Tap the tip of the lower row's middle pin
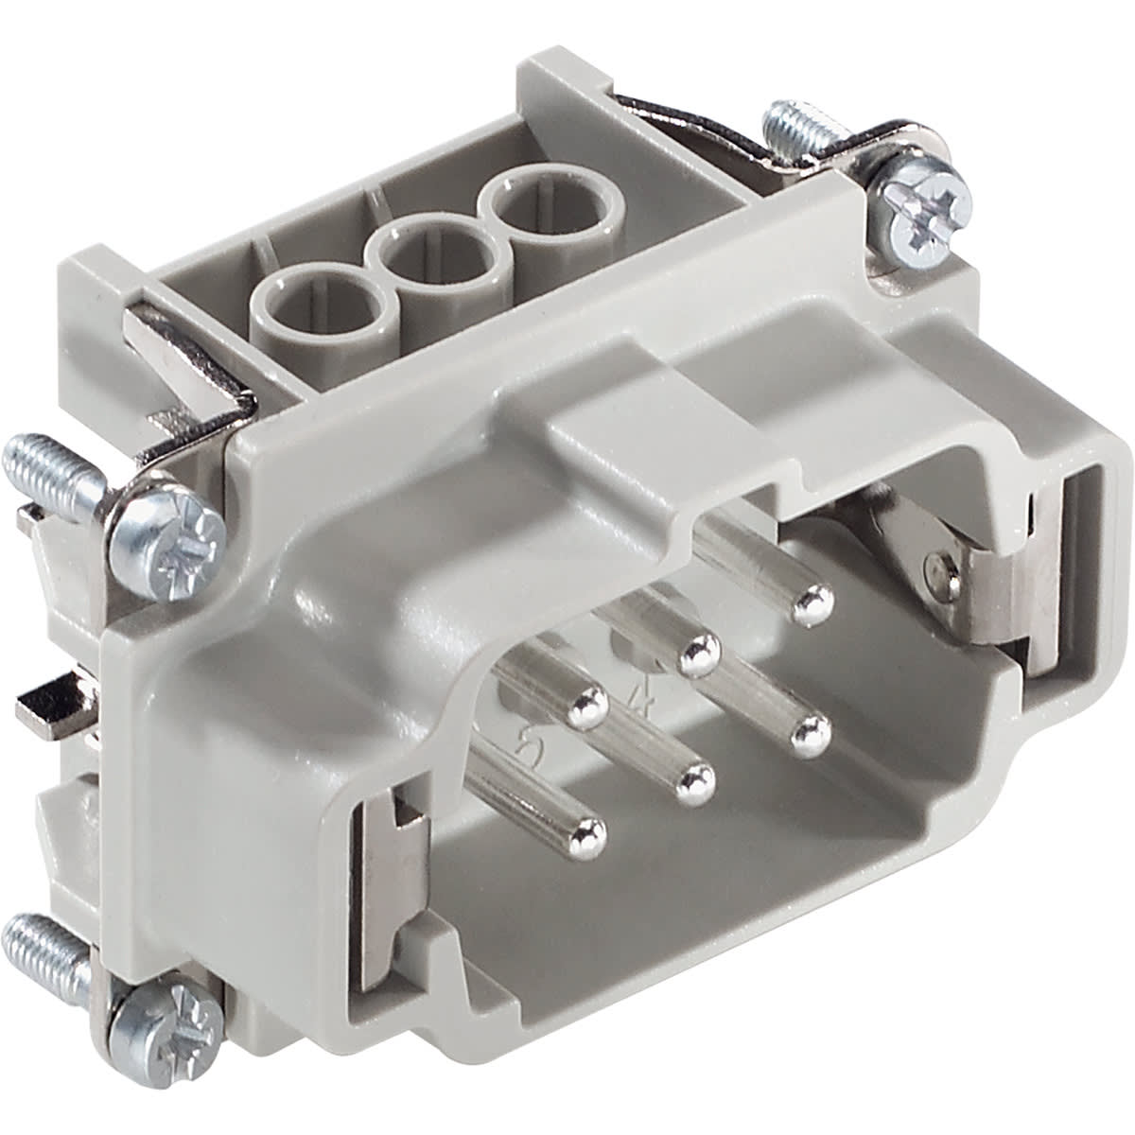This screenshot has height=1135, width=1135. point(697,781)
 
